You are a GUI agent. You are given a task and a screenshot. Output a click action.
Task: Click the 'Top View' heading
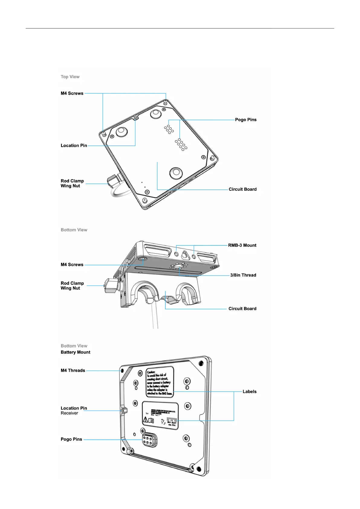pyautogui.click(x=70, y=77)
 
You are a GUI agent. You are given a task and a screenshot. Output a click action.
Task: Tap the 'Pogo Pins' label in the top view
pyautogui.click(x=245, y=120)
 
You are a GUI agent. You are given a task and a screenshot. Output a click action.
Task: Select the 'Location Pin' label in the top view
pyautogui.click(x=74, y=145)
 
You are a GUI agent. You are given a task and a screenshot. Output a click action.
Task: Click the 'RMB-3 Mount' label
pyautogui.click(x=242, y=245)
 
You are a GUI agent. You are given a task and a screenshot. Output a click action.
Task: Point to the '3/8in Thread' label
pyautogui.click(x=243, y=275)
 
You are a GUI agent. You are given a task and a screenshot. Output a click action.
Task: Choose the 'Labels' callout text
pyautogui.click(x=249, y=391)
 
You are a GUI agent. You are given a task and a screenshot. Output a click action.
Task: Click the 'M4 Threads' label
pyautogui.click(x=73, y=371)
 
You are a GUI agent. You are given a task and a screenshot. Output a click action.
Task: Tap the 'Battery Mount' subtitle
pyautogui.click(x=75, y=352)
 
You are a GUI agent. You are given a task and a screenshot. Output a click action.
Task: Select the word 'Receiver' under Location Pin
pyautogui.click(x=69, y=413)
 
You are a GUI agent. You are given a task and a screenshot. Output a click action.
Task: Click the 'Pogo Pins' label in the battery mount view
pyautogui.click(x=71, y=439)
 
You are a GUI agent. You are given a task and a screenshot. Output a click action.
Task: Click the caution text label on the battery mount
pyautogui.click(x=160, y=382)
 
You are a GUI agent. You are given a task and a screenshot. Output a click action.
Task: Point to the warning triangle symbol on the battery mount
pyautogui.click(x=146, y=420)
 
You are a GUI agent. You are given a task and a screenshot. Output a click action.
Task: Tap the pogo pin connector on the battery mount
pyautogui.click(x=149, y=440)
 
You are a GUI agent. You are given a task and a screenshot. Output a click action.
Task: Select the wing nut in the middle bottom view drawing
pyautogui.click(x=111, y=286)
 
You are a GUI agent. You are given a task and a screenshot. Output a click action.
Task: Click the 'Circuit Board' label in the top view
pyautogui.click(x=242, y=189)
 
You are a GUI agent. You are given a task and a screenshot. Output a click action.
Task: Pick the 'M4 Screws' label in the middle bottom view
pyautogui.click(x=72, y=265)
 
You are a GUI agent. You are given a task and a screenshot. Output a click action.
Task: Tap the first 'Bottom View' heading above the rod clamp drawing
pyautogui.click(x=74, y=230)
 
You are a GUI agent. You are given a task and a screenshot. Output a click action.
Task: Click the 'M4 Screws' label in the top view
pyautogui.click(x=72, y=93)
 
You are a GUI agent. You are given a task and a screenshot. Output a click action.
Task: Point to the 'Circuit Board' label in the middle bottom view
pyautogui.click(x=242, y=309)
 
